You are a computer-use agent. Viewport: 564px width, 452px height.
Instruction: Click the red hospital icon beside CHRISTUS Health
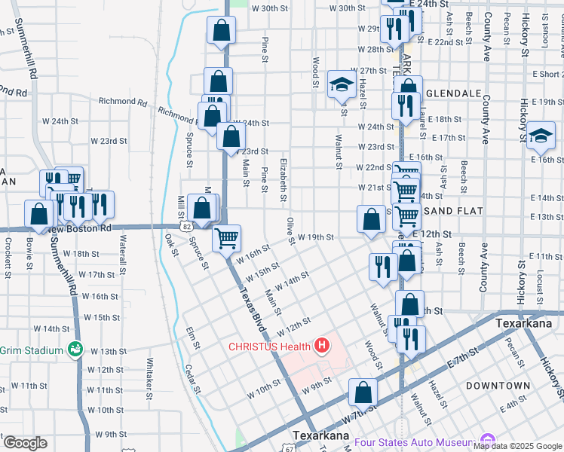click(323, 346)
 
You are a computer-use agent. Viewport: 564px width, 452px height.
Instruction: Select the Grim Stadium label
click(31, 350)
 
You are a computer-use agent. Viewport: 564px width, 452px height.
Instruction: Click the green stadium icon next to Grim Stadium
click(75, 349)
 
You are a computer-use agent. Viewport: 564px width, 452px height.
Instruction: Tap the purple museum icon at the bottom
click(487, 440)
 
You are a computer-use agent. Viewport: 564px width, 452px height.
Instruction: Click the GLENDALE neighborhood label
click(453, 93)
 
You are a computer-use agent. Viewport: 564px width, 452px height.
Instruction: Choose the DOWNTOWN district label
click(497, 385)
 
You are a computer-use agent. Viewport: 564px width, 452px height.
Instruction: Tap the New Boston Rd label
click(79, 228)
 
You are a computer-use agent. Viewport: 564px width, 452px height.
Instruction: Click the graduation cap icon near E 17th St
click(540, 136)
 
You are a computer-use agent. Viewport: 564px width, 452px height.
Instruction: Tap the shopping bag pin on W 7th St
click(363, 392)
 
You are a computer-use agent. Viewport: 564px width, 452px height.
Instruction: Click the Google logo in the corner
click(25, 443)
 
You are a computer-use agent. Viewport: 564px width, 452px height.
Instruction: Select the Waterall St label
click(122, 249)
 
